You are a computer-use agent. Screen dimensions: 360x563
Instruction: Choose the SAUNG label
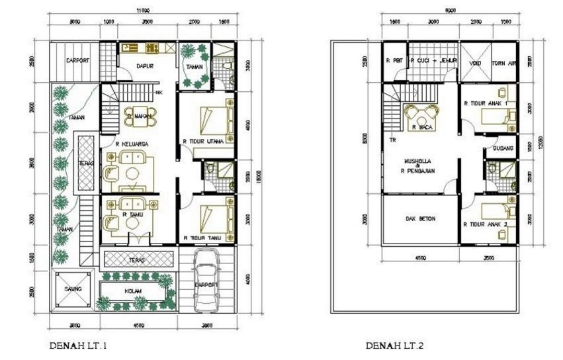(73, 290)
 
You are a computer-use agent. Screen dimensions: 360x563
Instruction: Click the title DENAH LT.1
(78, 345)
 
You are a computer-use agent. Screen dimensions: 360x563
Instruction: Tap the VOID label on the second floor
(475, 64)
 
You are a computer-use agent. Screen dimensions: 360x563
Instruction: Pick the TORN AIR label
(505, 64)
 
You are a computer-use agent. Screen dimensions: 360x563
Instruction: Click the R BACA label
(422, 126)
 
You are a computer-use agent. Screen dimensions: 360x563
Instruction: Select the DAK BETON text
(420, 218)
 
